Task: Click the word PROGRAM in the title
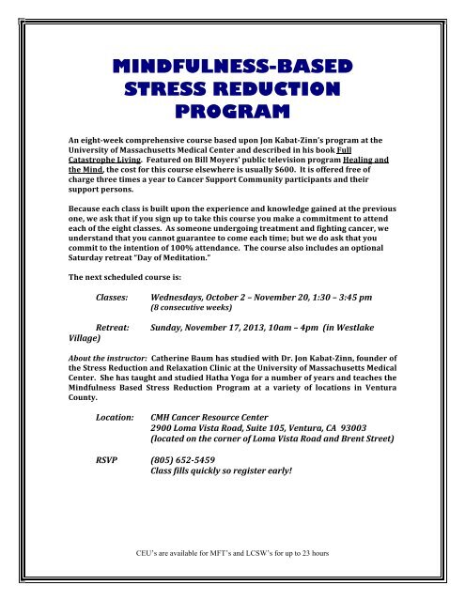[231, 114]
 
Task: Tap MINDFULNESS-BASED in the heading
[231, 68]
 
